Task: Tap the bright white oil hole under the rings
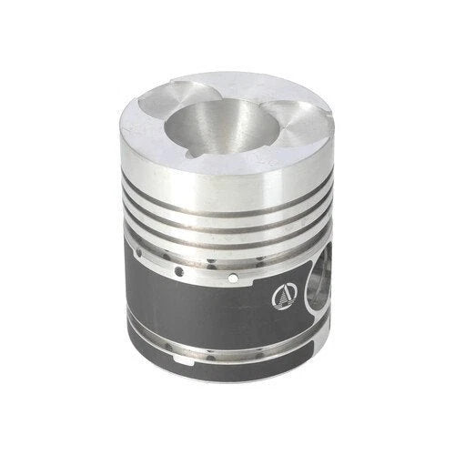234,276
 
